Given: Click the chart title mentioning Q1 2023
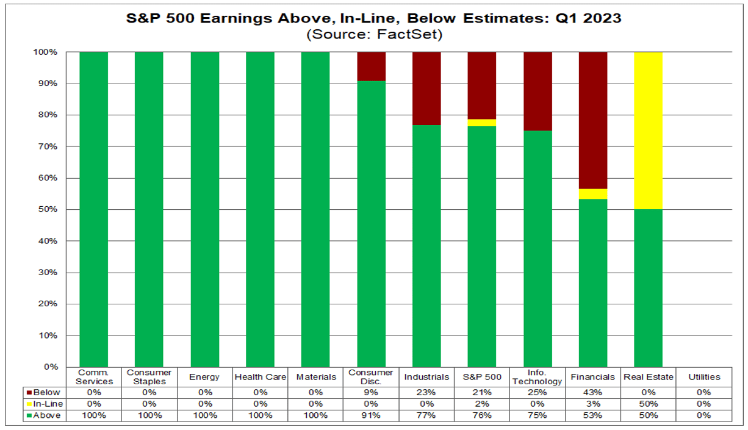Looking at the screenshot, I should (x=373, y=18).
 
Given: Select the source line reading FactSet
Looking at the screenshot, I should (x=373, y=35).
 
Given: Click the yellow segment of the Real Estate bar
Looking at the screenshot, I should (x=648, y=131).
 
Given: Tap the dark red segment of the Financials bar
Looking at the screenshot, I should (x=592, y=120).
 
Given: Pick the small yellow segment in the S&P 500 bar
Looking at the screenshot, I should (x=482, y=123).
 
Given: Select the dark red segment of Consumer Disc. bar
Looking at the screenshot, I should (x=371, y=66).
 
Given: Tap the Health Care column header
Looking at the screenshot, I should (x=260, y=377).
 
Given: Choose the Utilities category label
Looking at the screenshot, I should (x=703, y=377).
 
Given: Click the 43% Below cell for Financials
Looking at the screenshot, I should (x=592, y=392).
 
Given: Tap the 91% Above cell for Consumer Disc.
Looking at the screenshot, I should (x=371, y=415).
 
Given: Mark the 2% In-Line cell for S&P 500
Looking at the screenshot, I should (x=482, y=404).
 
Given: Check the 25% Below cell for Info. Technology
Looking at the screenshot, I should (x=538, y=392).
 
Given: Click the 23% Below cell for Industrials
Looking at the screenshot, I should (x=426, y=392).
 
